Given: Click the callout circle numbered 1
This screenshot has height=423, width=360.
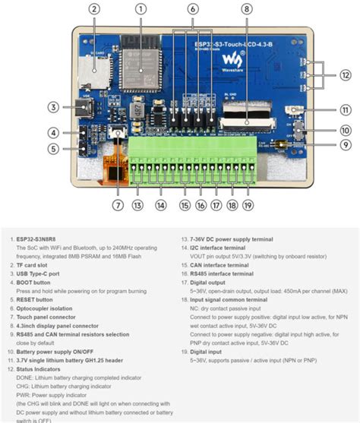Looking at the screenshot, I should coord(141,9).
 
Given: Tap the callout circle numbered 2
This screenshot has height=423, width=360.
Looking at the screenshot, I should coord(94,9).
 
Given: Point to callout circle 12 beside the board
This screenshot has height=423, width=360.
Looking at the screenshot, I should coord(346,74).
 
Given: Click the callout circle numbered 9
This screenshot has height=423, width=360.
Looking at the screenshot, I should coord(346,145).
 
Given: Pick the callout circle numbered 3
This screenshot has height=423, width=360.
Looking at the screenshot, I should coord(53,107).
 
